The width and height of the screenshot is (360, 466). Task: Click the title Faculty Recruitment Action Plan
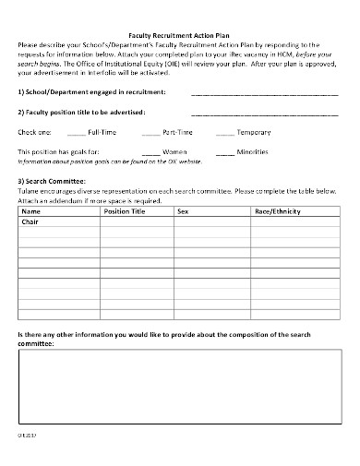[x=180, y=33]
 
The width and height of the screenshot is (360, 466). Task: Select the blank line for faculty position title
[x=264, y=113]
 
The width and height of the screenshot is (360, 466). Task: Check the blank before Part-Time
[x=150, y=134]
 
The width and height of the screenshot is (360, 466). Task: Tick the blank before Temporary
[x=224, y=134]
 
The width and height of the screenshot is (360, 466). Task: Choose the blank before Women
[x=150, y=151]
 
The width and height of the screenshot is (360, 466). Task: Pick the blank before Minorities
[x=224, y=151]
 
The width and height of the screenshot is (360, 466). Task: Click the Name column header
[x=31, y=211]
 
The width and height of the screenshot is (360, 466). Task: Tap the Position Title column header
[x=125, y=211]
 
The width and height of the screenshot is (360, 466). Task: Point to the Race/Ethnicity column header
[x=278, y=211]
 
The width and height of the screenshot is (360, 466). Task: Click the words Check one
[x=35, y=133]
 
